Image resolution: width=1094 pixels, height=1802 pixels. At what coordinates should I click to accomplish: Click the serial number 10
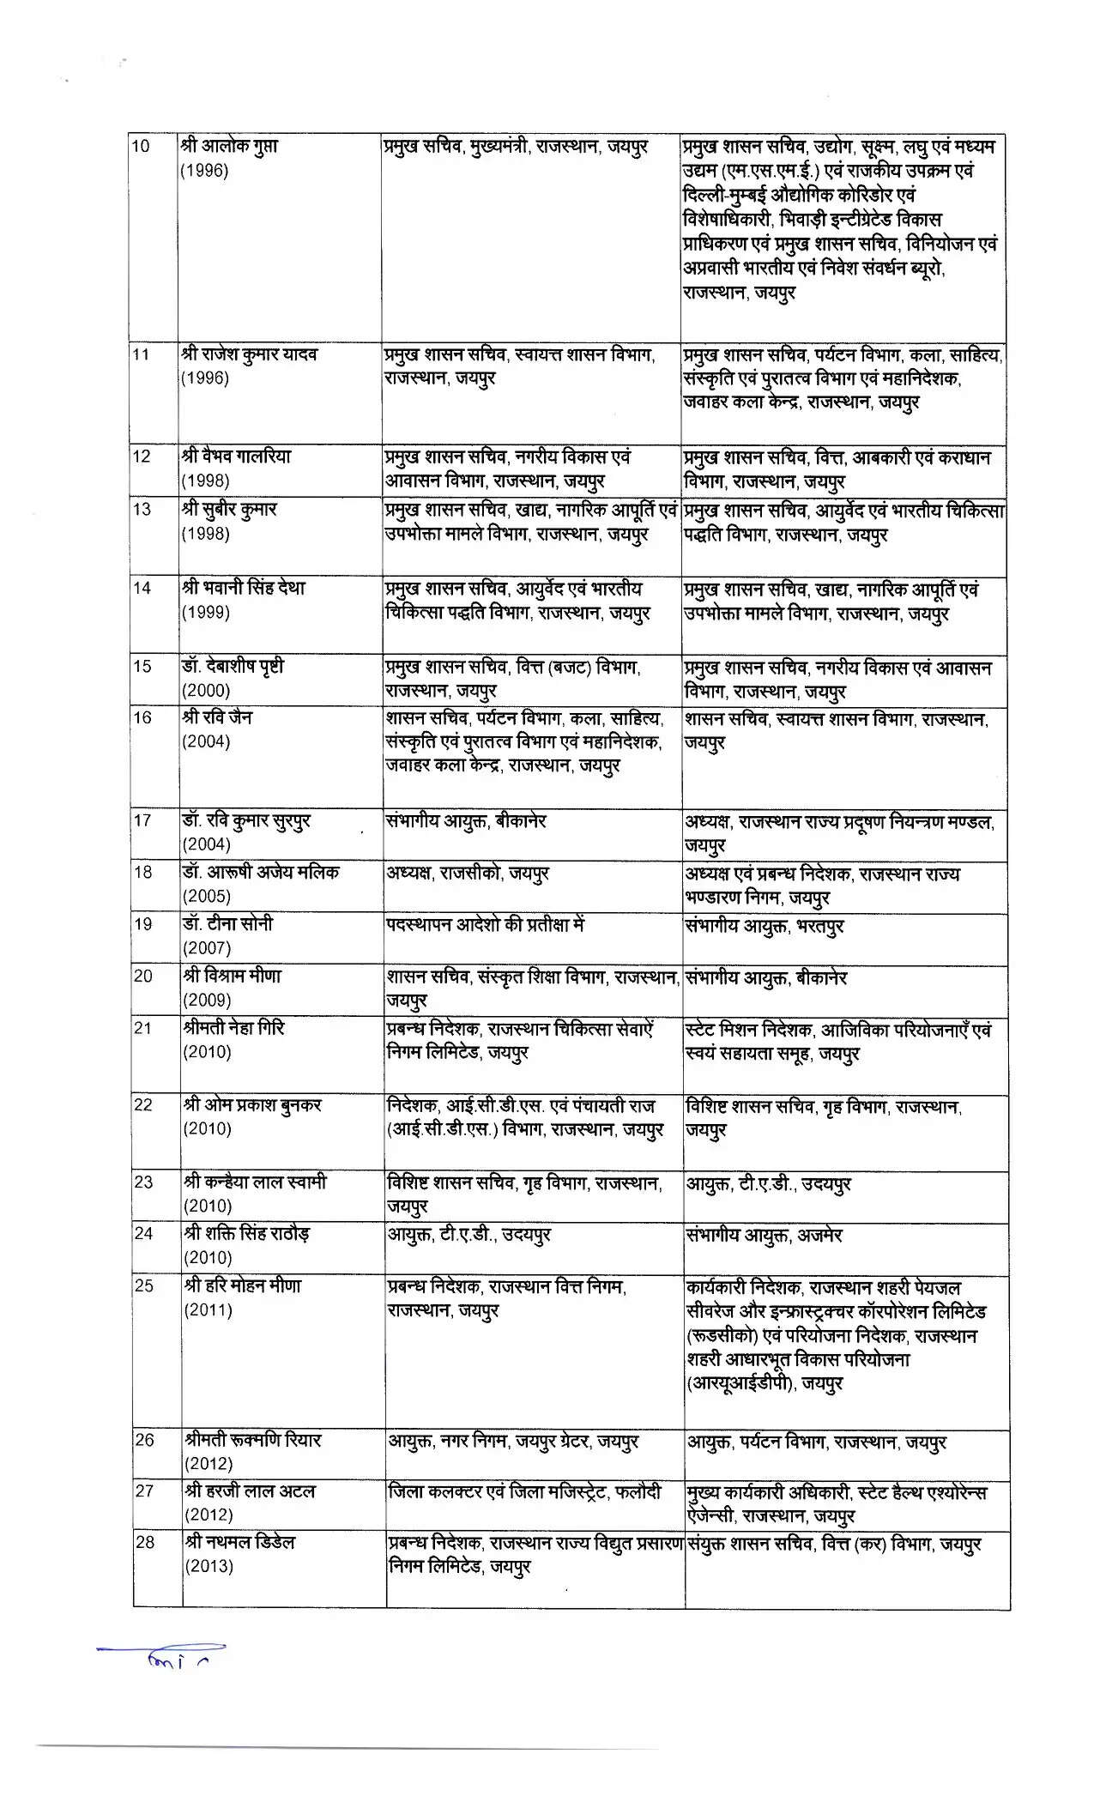[141, 147]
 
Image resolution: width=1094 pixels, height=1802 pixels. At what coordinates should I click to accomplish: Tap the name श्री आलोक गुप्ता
[229, 147]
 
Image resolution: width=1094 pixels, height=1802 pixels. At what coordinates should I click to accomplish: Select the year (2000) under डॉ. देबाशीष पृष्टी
[206, 691]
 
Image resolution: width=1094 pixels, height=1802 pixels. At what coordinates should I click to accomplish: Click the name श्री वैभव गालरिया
[236, 457]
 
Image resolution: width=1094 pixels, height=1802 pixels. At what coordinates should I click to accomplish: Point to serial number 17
[142, 820]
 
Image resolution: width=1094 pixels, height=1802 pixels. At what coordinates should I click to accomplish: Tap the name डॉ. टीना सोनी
[227, 924]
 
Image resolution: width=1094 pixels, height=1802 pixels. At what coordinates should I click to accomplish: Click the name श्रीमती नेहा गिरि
[233, 1027]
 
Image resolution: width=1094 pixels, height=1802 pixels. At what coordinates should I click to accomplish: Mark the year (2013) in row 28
[209, 1566]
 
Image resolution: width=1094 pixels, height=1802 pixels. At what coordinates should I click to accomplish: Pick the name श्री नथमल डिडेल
[239, 1542]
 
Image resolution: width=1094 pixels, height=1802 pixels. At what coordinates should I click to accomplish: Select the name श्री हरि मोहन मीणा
[242, 1285]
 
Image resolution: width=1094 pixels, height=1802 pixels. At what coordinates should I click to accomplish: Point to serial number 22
[144, 1105]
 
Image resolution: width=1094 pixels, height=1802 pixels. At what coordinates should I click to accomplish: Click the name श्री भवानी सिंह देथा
[244, 589]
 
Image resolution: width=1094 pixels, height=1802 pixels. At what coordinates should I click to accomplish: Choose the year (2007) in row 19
[207, 948]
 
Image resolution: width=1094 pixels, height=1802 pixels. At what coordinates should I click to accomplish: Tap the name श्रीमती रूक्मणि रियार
[252, 1440]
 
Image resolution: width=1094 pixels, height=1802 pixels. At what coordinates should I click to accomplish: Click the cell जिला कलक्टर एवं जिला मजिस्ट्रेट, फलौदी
[524, 1492]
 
